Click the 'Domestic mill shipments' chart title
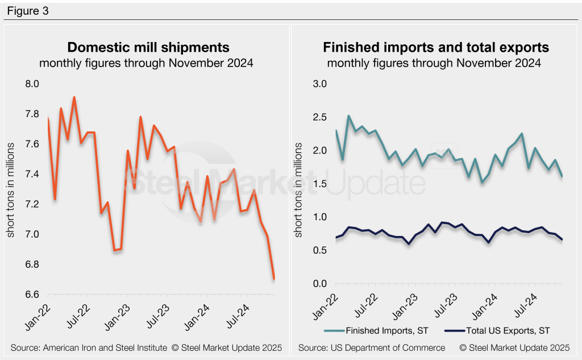pos(148,47)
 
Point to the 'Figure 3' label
pos(28,10)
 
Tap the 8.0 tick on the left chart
pos(32,84)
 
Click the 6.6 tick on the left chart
pos(32,295)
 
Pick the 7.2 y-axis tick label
pos(32,204)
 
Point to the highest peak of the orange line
pos(74,97)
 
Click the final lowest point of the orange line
pos(275,279)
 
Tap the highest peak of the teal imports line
pos(349,116)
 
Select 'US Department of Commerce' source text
pos(378,347)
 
